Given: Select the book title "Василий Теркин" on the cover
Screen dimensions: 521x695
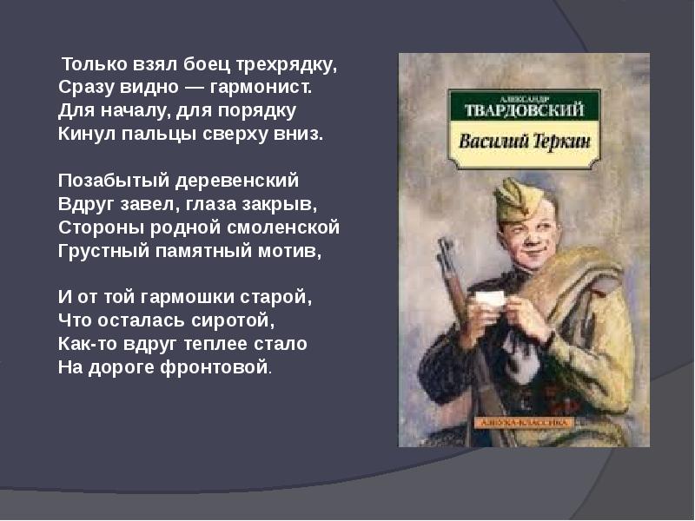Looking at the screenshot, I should click(523, 141).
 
